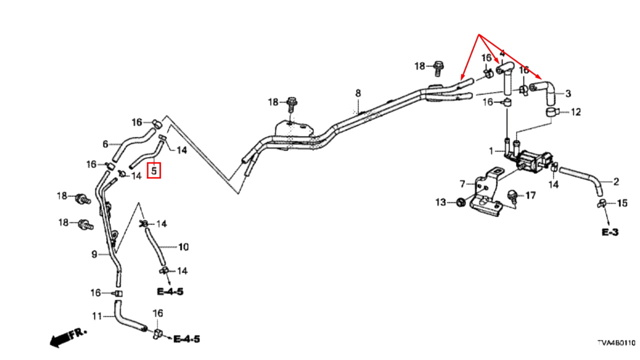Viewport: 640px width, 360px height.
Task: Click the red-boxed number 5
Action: tap(154, 170)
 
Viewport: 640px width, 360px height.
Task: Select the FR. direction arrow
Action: tap(68, 337)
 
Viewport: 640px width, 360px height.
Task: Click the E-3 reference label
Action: tap(610, 232)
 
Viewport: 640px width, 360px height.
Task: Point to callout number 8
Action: tap(358, 93)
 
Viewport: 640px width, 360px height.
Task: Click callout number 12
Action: tap(576, 112)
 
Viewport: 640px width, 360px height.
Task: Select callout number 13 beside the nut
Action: tap(441, 202)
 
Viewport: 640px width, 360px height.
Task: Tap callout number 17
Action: tap(530, 196)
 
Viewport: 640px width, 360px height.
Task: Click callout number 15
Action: tap(622, 203)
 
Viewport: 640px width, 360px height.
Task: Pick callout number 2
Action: tap(616, 182)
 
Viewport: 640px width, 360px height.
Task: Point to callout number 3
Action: tap(568, 93)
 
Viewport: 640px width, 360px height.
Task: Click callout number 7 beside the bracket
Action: tap(462, 184)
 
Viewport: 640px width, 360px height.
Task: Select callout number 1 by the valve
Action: tap(491, 151)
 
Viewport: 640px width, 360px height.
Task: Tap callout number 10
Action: tap(184, 247)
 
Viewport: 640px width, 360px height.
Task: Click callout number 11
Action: tap(97, 316)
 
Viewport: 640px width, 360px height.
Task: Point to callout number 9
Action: tap(94, 255)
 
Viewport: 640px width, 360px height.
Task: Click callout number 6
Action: tap(105, 144)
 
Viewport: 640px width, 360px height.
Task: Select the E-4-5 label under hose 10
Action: tap(170, 291)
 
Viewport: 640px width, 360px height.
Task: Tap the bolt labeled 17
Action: tap(513, 197)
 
